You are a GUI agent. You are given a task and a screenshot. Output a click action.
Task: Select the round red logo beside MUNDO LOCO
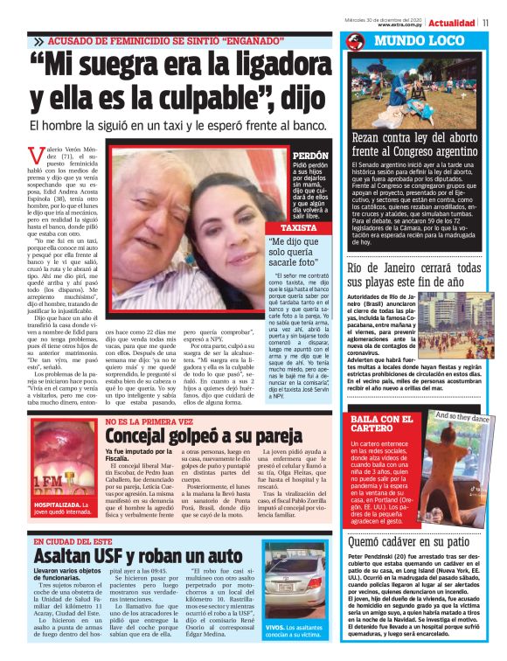click(x=354, y=41)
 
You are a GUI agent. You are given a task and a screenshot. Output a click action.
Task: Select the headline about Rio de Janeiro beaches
click(x=413, y=275)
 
